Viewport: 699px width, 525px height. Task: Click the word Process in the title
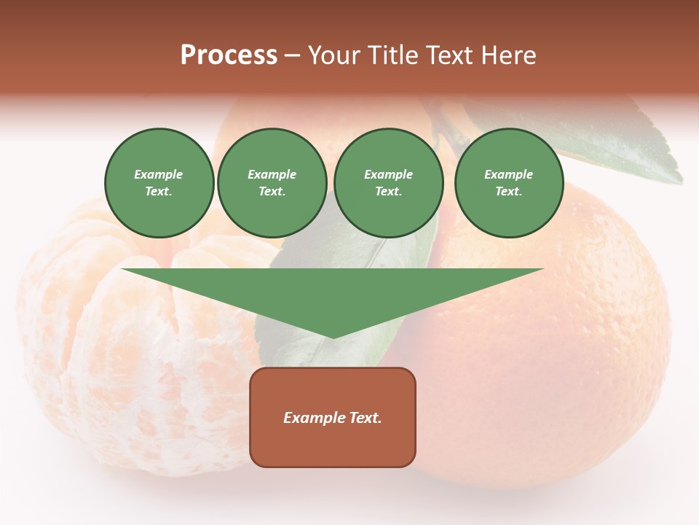click(x=229, y=55)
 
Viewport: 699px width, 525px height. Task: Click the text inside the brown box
click(x=333, y=418)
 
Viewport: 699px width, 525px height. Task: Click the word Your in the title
click(x=333, y=55)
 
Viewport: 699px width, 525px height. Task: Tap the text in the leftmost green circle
click(x=159, y=183)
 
